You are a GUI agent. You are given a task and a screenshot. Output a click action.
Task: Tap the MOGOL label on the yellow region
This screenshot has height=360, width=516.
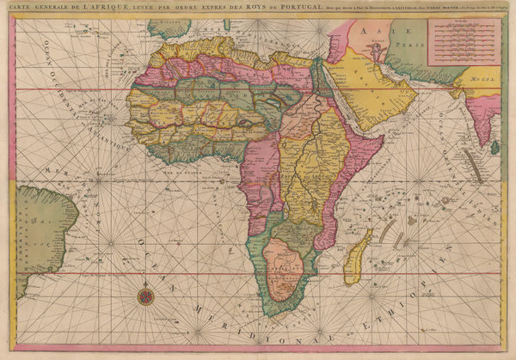click(x=486, y=83)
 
